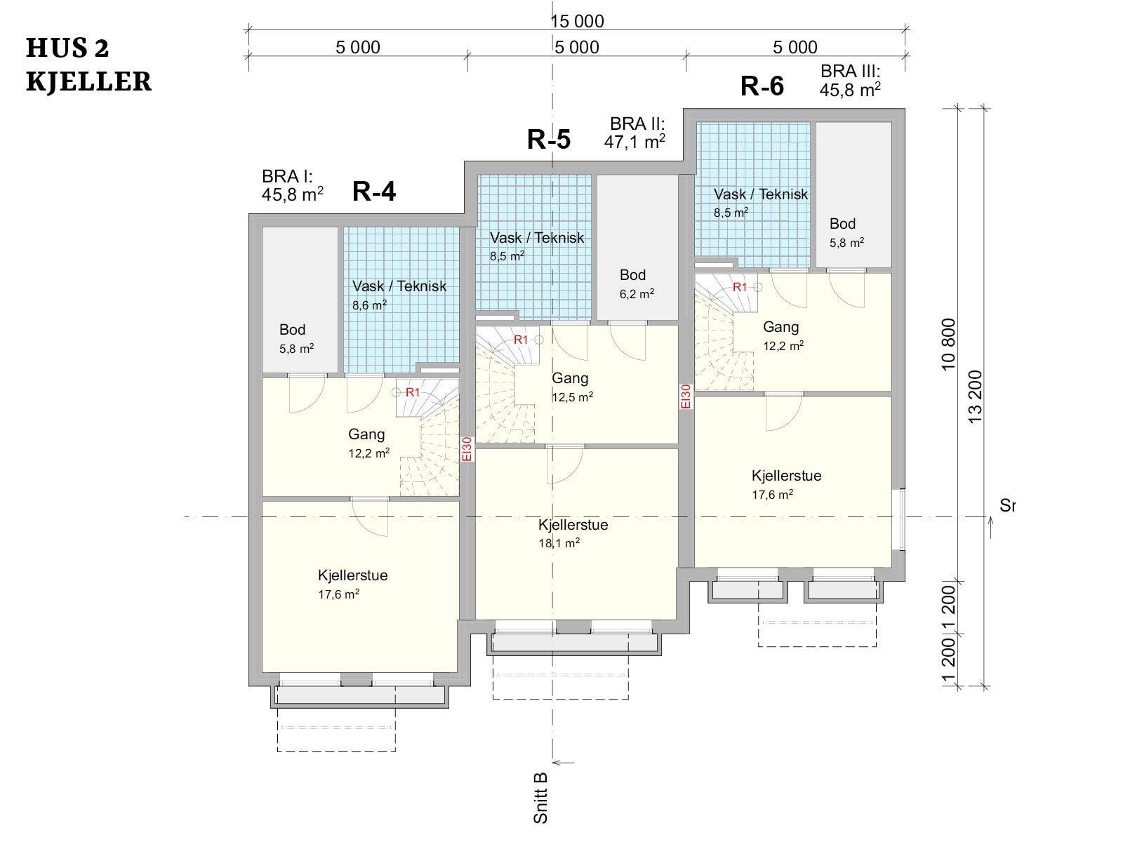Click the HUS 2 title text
point(67,48)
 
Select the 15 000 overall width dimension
point(577,21)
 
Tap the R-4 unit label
point(374,192)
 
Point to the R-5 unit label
point(548,139)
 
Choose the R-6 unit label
point(762,86)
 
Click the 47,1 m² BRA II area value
point(634,141)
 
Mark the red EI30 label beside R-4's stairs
point(467,449)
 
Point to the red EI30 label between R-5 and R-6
point(686,396)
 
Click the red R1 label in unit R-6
point(740,287)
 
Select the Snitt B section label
point(540,798)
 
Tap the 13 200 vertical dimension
point(975,396)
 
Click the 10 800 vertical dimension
point(948,345)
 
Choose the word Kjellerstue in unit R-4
point(352,575)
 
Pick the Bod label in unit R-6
point(842,223)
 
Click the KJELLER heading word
point(89,82)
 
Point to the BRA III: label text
point(850,71)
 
